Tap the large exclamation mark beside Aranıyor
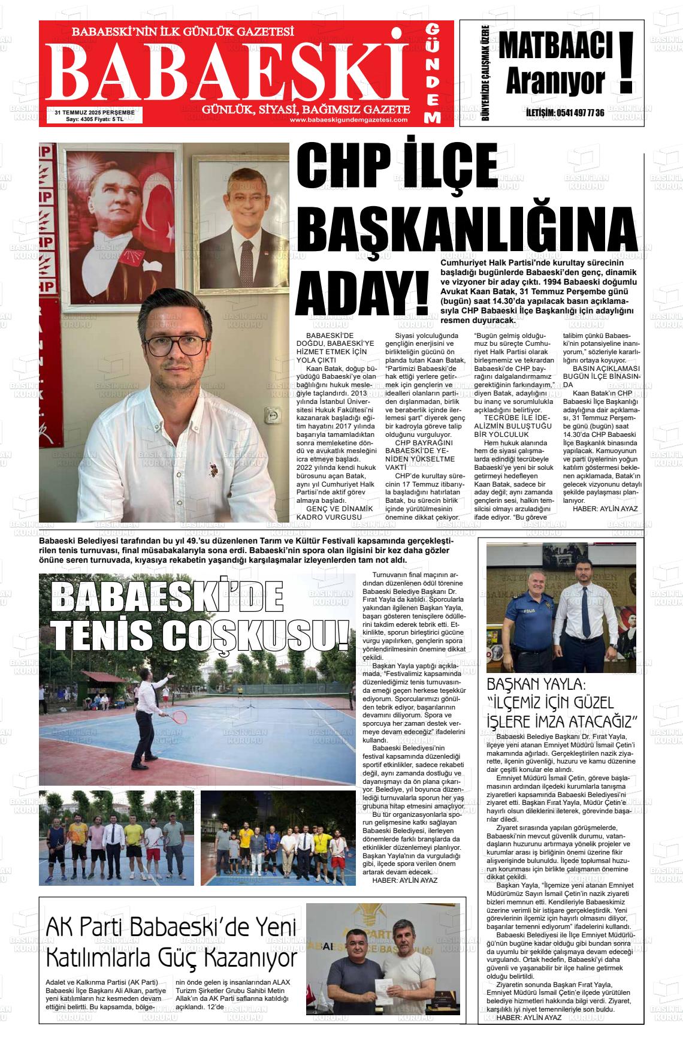[626, 63]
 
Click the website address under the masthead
[348, 119]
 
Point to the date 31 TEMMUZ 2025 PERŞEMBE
[94, 111]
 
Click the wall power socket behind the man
[274, 414]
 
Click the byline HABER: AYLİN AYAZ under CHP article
[605, 508]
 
